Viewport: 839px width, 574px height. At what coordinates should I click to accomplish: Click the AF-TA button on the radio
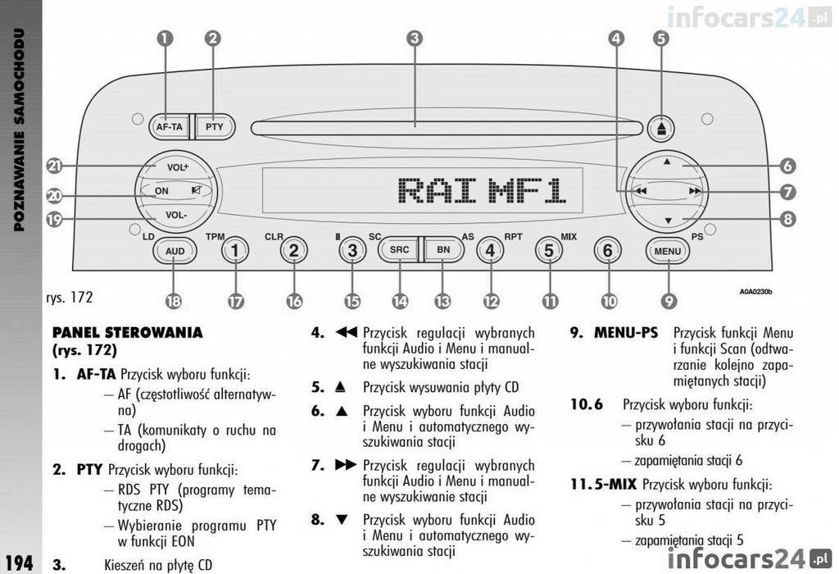click(169, 127)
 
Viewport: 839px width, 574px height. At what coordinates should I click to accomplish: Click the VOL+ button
click(177, 167)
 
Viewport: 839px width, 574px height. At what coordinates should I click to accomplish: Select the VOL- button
click(177, 216)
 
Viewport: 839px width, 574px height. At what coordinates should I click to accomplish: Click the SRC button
click(399, 249)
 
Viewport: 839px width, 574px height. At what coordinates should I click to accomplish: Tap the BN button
click(443, 249)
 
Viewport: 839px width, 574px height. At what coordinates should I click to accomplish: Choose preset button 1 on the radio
click(234, 250)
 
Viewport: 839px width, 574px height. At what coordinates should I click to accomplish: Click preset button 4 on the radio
click(490, 250)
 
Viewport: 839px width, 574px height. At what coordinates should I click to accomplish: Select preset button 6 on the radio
click(607, 250)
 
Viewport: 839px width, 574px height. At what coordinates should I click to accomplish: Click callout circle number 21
click(55, 166)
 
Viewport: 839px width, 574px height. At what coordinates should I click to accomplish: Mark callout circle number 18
click(173, 301)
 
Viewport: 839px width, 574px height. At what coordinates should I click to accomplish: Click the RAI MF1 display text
click(482, 190)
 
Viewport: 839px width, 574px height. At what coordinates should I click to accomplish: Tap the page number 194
click(18, 563)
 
